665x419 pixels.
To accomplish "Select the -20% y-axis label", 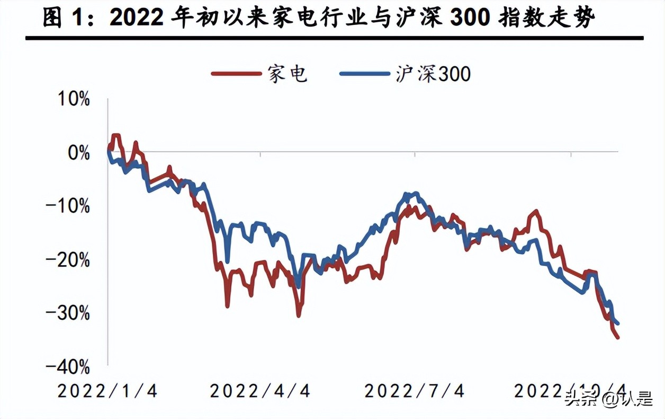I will click(x=68, y=260).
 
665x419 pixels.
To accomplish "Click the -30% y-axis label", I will click(x=68, y=313).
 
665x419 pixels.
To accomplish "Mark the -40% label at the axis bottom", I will click(x=68, y=366).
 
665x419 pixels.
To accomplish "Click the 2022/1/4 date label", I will click(x=107, y=391).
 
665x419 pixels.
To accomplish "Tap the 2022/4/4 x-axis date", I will click(x=260, y=391).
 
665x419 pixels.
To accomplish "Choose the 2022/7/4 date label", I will click(x=415, y=391).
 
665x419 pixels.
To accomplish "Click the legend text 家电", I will click(x=287, y=74).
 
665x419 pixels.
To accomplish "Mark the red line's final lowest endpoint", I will click(x=618, y=337).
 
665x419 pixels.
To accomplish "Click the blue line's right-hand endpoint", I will click(x=618, y=324).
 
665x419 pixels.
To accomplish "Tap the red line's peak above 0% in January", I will click(x=115, y=136).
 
